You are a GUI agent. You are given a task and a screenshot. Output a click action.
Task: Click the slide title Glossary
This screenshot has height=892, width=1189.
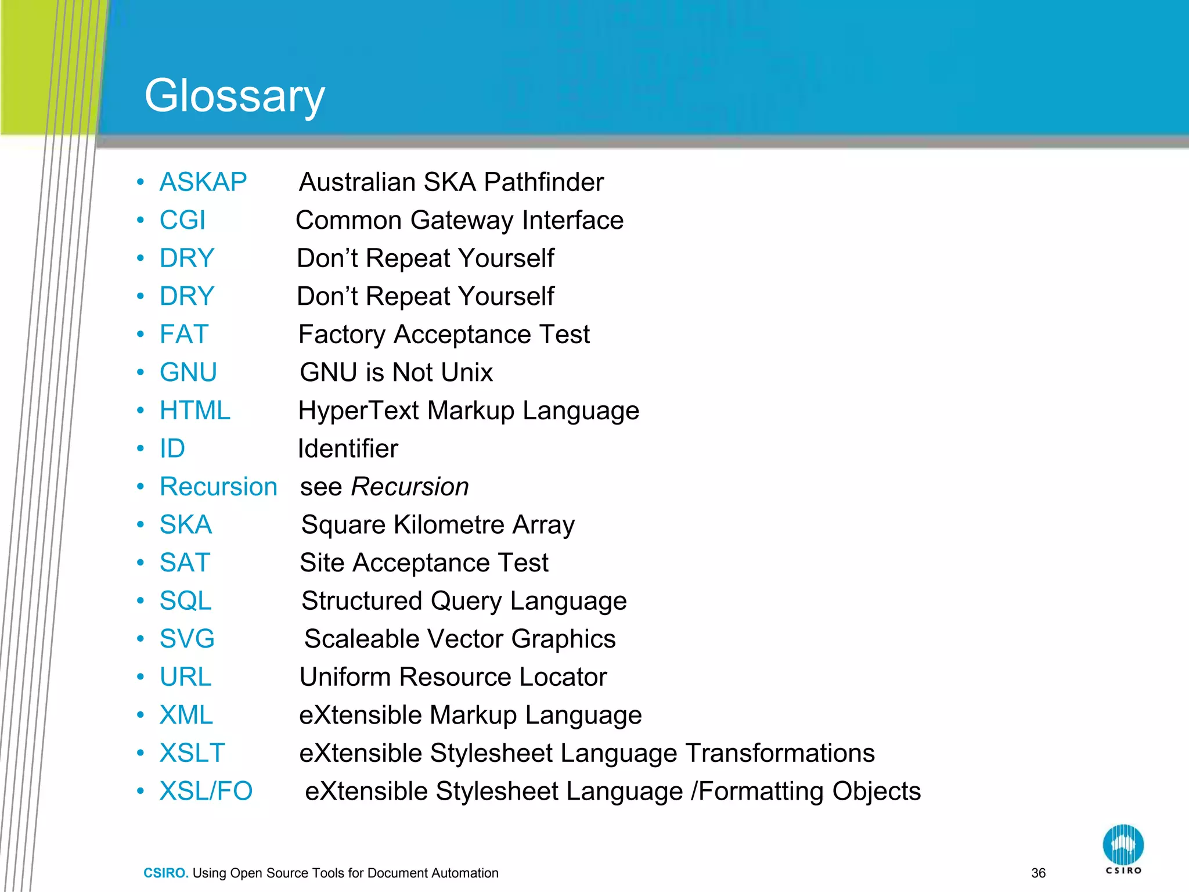[x=235, y=96]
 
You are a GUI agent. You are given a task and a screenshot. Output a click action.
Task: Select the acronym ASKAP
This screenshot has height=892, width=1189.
[x=203, y=182]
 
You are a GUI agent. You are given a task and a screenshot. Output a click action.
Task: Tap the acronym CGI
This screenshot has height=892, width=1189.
[x=182, y=221]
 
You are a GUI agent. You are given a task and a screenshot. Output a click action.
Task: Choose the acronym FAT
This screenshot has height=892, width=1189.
[x=184, y=334]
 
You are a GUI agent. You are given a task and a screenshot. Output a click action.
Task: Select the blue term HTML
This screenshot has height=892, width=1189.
[x=195, y=411]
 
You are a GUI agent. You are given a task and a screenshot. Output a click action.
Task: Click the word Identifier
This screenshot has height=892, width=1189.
[x=348, y=449]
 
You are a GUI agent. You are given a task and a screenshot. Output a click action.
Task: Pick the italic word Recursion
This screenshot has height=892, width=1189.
[x=410, y=487]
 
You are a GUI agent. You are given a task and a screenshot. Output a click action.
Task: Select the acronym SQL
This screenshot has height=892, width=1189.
[x=186, y=601]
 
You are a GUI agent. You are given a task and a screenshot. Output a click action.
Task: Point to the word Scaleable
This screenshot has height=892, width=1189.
[x=362, y=639]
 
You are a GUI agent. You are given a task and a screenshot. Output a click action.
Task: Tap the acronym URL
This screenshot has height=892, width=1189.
[x=186, y=677]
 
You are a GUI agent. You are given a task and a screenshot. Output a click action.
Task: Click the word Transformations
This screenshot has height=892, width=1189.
[x=780, y=753]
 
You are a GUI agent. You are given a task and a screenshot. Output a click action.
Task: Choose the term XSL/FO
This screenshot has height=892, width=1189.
[x=206, y=792]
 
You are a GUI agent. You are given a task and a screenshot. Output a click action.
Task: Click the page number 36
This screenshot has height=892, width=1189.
[x=1038, y=873]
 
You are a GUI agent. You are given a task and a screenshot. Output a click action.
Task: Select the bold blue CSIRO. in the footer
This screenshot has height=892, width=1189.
[x=166, y=873]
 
